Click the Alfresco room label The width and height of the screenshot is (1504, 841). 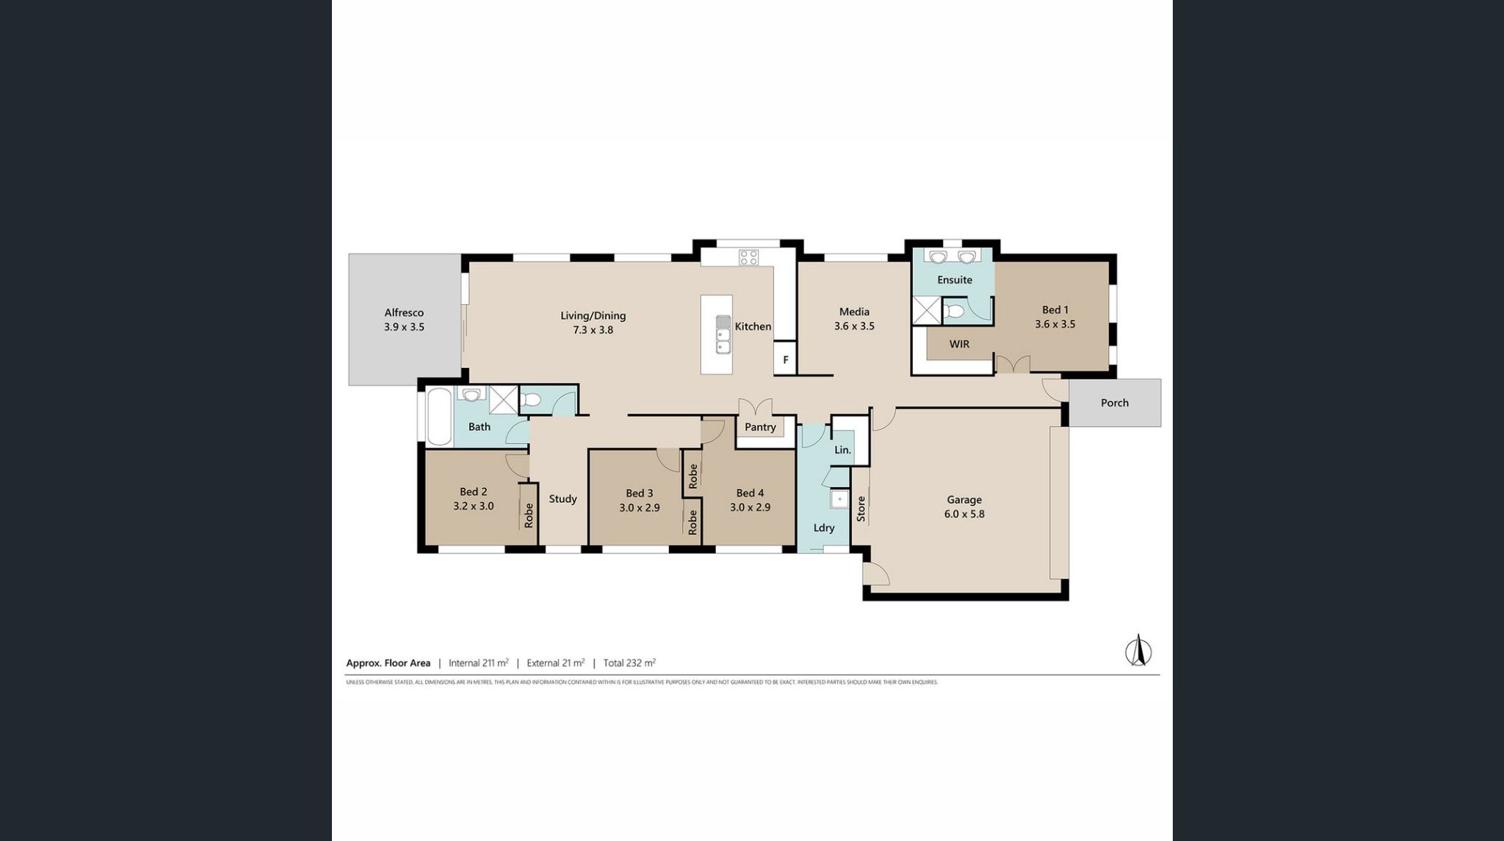[x=404, y=313]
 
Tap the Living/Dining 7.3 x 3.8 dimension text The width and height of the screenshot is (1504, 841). [x=593, y=331]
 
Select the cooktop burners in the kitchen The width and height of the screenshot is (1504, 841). [x=748, y=257]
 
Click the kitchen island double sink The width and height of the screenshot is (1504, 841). [x=723, y=334]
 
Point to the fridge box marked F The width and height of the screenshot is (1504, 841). [x=785, y=360]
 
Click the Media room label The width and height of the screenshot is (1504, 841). [x=854, y=311]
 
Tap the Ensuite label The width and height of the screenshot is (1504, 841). [x=954, y=280]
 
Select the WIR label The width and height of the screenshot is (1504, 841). [x=959, y=344]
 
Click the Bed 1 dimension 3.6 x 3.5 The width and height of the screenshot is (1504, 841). [x=1055, y=324]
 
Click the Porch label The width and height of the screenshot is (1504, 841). [x=1114, y=403]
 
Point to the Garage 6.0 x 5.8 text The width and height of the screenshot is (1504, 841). [x=964, y=514]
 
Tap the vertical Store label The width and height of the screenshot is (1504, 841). [x=861, y=509]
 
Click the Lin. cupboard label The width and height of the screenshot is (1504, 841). [x=842, y=450]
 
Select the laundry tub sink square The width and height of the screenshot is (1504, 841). [x=839, y=500]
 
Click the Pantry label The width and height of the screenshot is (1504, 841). [x=760, y=427]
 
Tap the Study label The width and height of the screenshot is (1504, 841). [x=563, y=499]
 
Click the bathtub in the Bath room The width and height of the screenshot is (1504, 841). [x=439, y=416]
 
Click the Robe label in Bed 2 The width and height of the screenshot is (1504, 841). [x=529, y=515]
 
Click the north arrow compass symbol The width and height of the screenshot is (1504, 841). [x=1138, y=650]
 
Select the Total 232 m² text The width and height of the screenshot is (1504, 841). [x=629, y=663]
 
